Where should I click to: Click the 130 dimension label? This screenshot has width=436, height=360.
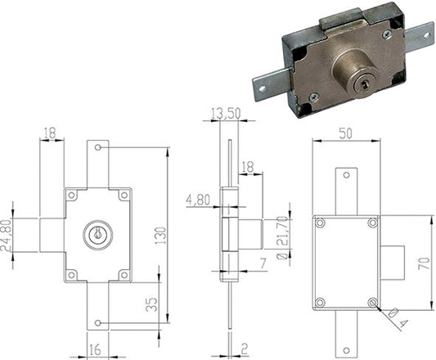(x=160, y=236)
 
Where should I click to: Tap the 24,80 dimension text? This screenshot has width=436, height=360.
(x=7, y=236)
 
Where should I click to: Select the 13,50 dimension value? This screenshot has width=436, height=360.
(x=226, y=113)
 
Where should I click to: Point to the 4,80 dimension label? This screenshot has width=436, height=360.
(x=198, y=200)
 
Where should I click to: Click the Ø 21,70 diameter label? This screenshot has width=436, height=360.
(x=283, y=237)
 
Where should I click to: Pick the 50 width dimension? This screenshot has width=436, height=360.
(x=346, y=133)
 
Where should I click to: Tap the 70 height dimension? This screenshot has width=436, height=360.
(x=424, y=263)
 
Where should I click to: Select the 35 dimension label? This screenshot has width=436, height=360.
(x=152, y=304)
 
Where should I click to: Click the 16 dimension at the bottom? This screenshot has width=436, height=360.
(x=95, y=349)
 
